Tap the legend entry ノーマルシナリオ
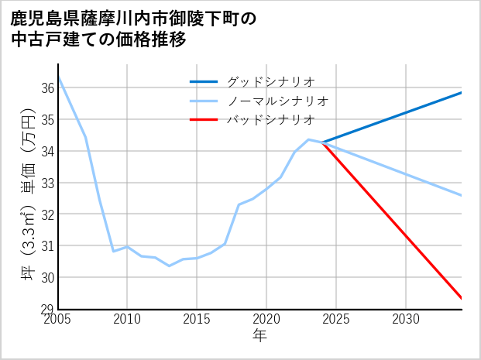278,101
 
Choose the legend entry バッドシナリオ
271,120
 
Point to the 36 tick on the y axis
46,88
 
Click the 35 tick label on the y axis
46,120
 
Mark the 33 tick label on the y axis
46,183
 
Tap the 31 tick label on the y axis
46,245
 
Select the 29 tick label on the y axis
46,309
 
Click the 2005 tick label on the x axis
58,319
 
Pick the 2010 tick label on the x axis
127,319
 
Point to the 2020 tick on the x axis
266,319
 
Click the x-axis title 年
260,336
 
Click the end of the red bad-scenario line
462,298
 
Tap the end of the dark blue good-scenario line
462,93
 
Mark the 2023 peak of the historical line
308,139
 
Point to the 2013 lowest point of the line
169,266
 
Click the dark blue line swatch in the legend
204,81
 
